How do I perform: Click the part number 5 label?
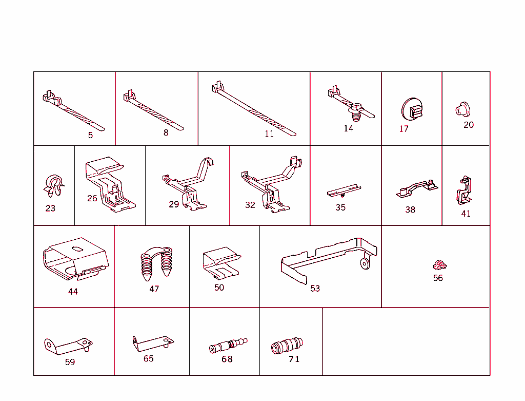pyautogui.click(x=90, y=135)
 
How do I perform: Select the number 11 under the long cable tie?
pyautogui.click(x=269, y=134)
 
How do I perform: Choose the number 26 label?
pyautogui.click(x=92, y=198)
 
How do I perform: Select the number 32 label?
pyautogui.click(x=250, y=205)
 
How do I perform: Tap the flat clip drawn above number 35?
pyautogui.click(x=342, y=191)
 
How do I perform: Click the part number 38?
pyautogui.click(x=410, y=209)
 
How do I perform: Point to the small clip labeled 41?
pyautogui.click(x=465, y=190)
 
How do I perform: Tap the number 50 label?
pyautogui.click(x=219, y=288)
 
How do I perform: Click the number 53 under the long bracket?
pyautogui.click(x=315, y=289)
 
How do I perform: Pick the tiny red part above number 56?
pyautogui.click(x=439, y=265)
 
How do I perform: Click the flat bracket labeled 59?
pyautogui.click(x=67, y=347)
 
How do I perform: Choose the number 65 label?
pyautogui.click(x=148, y=358)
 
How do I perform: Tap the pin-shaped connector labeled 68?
pyautogui.click(x=228, y=345)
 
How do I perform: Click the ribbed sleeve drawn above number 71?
pyautogui.click(x=287, y=346)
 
